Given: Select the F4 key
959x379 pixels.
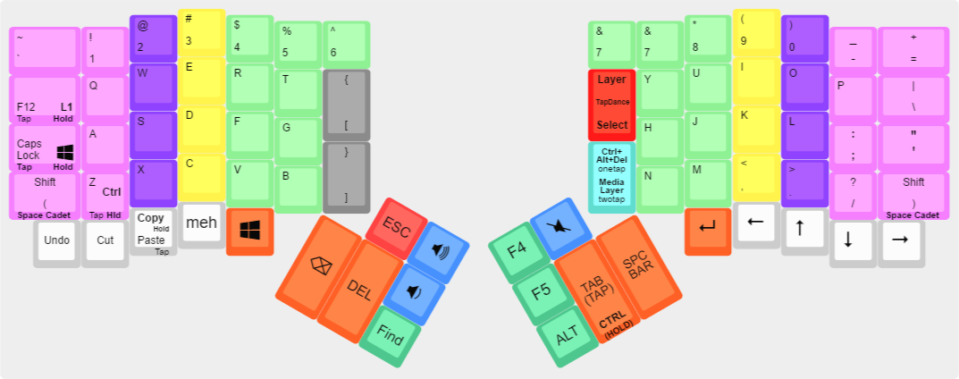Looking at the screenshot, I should click(x=517, y=250).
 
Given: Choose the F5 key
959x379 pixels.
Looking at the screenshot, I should click(x=542, y=292).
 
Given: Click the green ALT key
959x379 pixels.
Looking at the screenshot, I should click(x=567, y=336).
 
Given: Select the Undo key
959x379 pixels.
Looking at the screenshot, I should click(x=56, y=240).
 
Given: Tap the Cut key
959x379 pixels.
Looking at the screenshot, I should click(x=105, y=240).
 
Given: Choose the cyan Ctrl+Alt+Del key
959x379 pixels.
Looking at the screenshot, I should click(x=612, y=176).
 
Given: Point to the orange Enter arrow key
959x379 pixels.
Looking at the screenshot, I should click(x=708, y=229).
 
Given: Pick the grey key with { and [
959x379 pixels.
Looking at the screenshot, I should click(x=346, y=105).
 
